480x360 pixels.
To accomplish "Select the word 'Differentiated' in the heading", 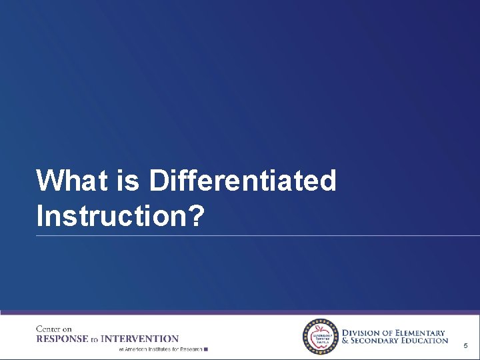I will pos(243,181).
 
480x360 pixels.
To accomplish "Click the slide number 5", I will pos(465,346).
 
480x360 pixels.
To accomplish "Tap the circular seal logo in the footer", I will pos(321,337).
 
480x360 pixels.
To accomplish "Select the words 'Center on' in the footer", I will pos(53,329).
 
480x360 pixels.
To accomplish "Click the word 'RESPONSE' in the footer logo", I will pos(62,339).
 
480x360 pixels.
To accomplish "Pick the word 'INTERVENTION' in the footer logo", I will pos(139,339).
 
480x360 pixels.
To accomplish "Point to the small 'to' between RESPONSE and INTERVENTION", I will pos(94,339).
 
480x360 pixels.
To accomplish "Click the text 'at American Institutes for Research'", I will pos(160,349).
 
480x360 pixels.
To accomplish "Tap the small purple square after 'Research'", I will pos(206,349).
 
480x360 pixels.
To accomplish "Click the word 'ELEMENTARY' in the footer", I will pos(419,333).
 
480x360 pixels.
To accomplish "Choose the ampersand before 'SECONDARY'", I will pos(345,341).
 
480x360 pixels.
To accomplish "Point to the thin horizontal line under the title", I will pos(257,235).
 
